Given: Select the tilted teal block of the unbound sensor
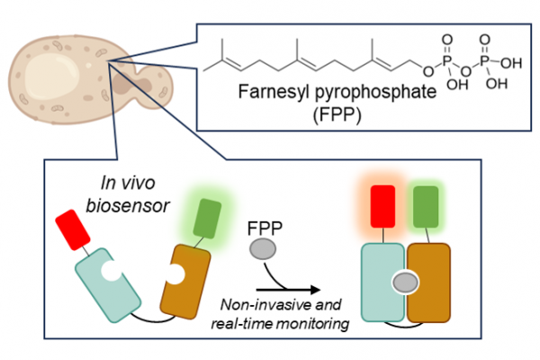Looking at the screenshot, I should pos(107,279).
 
